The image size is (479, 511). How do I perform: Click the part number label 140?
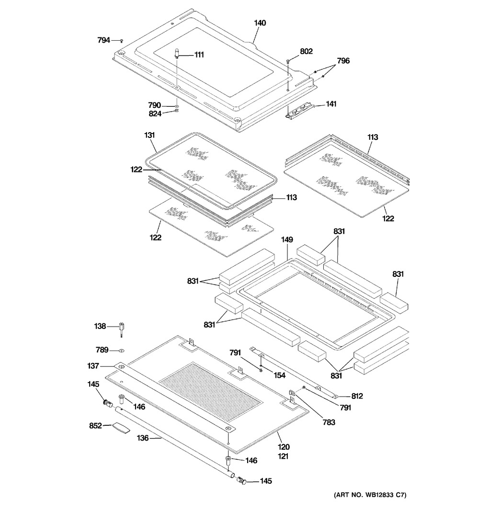(260, 23)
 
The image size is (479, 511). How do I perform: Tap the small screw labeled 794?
(122, 41)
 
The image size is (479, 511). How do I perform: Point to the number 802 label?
(306, 51)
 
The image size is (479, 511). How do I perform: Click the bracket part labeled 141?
(298, 111)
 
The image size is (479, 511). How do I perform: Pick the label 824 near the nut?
(155, 114)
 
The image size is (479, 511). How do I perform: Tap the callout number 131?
(149, 135)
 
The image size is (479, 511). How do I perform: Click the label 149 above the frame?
(287, 239)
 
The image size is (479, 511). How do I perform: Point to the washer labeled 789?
(122, 351)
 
